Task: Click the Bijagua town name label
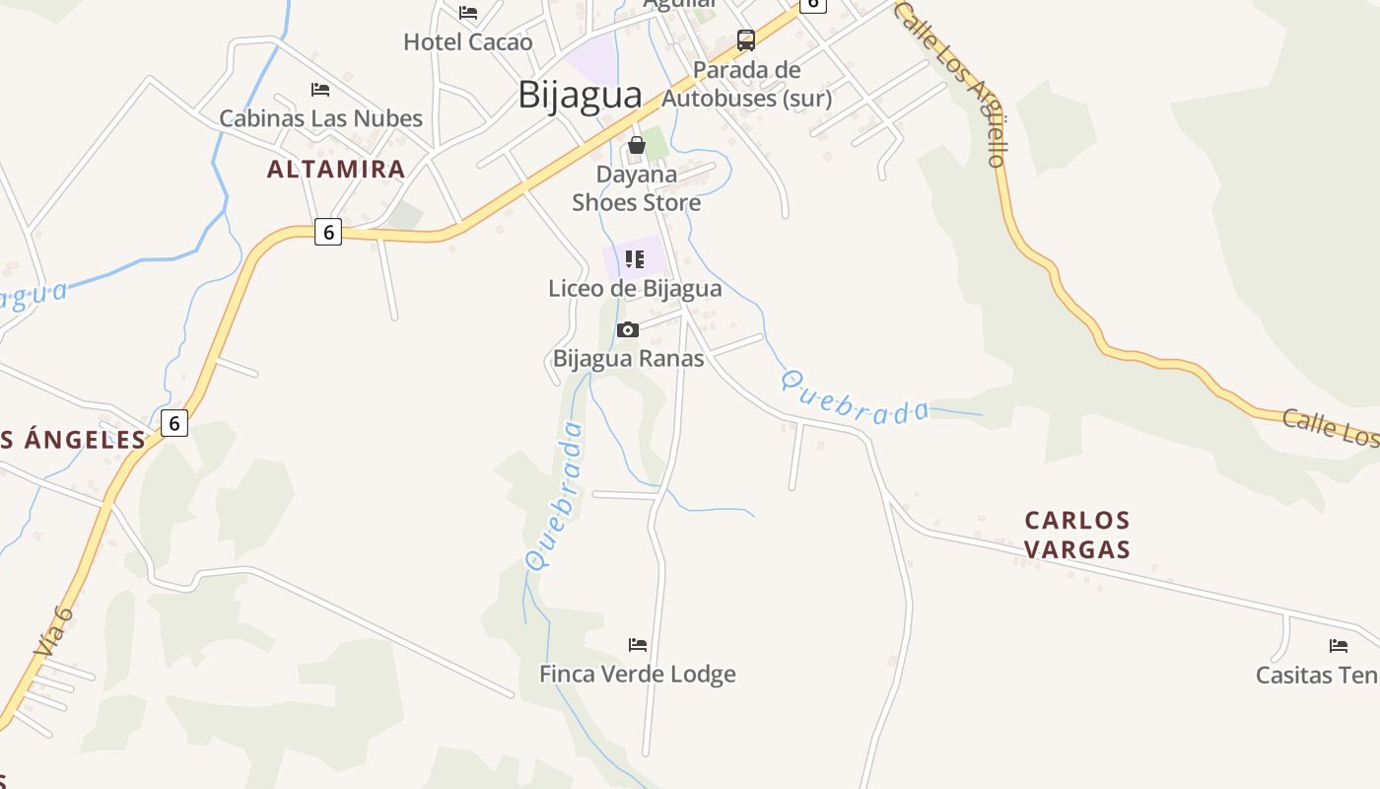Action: click(580, 95)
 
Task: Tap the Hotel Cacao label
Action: click(467, 42)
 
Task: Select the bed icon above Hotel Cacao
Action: click(468, 13)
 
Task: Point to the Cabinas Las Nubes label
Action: click(320, 118)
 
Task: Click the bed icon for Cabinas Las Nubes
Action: click(320, 90)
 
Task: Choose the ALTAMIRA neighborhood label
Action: click(336, 169)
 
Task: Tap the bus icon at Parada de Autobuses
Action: click(746, 40)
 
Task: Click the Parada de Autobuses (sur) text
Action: click(746, 84)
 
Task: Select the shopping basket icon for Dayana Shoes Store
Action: click(637, 145)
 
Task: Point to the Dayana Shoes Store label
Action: click(637, 188)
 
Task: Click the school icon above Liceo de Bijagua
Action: click(635, 259)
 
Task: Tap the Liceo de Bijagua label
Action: click(635, 288)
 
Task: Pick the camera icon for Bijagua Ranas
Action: click(628, 329)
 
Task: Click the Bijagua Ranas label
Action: click(628, 358)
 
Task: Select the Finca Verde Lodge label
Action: click(637, 675)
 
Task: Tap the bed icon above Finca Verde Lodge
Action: click(638, 645)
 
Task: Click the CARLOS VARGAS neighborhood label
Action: click(1076, 535)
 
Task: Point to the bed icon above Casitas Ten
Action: click(1339, 646)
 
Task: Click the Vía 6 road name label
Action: click(53, 631)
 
